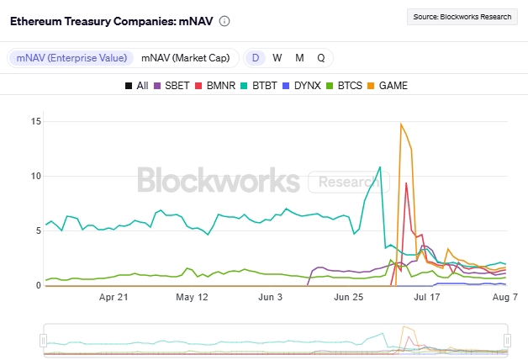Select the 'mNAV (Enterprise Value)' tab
pyautogui.click(x=71, y=58)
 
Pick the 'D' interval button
pyautogui.click(x=256, y=58)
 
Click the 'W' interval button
pyautogui.click(x=277, y=58)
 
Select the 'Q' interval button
pyautogui.click(x=321, y=58)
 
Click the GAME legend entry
pyautogui.click(x=389, y=86)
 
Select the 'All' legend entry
pyautogui.click(x=137, y=86)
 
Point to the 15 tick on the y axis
pyautogui.click(x=35, y=121)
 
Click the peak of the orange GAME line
pyautogui.click(x=401, y=124)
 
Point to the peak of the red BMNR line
pyautogui.click(x=406, y=183)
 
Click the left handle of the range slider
pyautogui.click(x=43, y=340)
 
